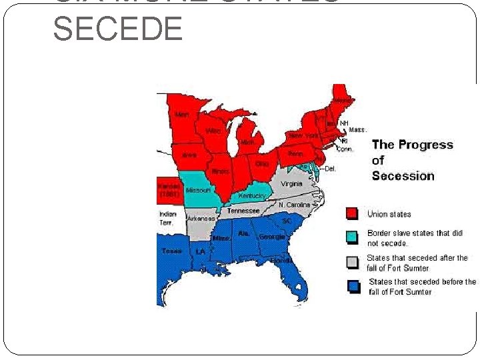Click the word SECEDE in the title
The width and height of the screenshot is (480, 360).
pos(117,29)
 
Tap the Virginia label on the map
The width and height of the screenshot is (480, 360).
pos(292,184)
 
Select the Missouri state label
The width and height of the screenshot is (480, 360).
pos(199,191)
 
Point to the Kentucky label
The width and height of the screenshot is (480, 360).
pos(252,196)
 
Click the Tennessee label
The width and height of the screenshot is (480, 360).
pos(243,211)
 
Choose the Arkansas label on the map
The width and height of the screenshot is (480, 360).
pos(201,218)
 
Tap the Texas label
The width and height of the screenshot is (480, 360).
pos(171,251)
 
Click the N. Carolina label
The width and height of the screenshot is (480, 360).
pos(294,205)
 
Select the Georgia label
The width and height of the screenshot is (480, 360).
pos(272,237)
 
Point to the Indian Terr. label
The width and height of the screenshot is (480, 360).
pos(167,219)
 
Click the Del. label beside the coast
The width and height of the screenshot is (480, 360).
pos(330,169)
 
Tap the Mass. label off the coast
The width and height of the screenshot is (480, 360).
pos(357,130)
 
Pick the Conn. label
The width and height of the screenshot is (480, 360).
pos(345,149)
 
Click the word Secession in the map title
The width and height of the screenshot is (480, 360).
pos(403,176)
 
